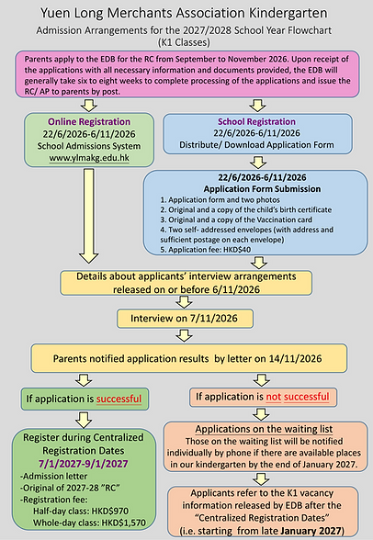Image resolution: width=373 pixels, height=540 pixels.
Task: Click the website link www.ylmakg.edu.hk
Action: pos(89,158)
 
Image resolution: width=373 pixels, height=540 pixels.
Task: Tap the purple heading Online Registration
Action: pos(89,121)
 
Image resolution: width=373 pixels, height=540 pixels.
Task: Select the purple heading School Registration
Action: pos(256,121)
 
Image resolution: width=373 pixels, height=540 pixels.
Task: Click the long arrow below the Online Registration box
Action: pos(89,216)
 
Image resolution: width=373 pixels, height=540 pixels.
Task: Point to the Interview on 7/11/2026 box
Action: pos(185,318)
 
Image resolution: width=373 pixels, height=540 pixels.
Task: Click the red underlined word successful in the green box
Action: pos(119,399)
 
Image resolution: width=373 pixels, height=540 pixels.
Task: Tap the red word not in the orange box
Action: pos(274,397)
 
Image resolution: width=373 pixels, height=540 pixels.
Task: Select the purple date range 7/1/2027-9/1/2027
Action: pos(84,464)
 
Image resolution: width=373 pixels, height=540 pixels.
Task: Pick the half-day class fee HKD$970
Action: pos(107,511)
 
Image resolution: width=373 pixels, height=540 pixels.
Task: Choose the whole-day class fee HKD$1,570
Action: pos(123,523)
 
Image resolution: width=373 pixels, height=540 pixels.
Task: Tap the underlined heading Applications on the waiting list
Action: pos(264,429)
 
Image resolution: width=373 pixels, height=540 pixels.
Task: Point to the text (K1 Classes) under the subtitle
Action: pos(184,42)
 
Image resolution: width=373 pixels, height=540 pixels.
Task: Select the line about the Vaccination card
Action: pos(236,219)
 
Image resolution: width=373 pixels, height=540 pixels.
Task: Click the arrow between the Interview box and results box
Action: pos(185,336)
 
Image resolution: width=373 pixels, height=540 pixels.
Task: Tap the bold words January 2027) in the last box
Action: pos(312,531)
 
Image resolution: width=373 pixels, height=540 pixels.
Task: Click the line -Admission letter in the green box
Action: pos(53,477)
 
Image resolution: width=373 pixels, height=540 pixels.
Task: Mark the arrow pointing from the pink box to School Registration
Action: pos(257,106)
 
